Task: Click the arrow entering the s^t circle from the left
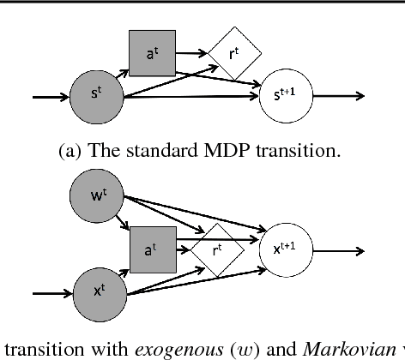[x=51, y=96]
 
